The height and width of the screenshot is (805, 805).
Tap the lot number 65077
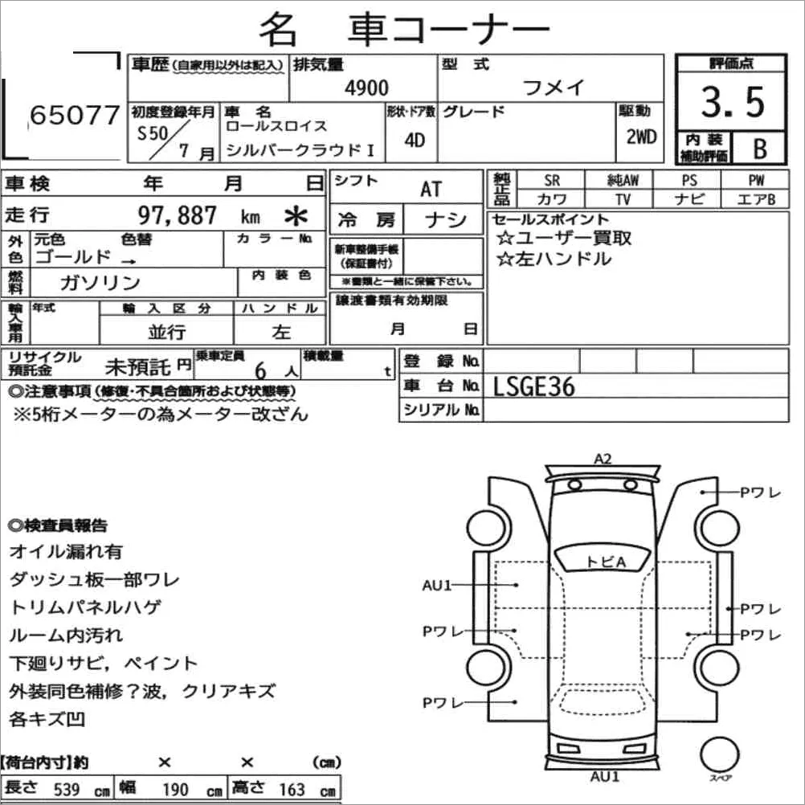tap(74, 116)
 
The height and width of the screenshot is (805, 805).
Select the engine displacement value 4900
tap(366, 88)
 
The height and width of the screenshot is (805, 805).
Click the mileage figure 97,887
tap(178, 215)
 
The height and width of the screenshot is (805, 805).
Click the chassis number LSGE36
tap(534, 386)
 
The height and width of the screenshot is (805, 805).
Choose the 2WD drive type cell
tap(641, 136)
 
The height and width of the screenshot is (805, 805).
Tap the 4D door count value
tap(415, 140)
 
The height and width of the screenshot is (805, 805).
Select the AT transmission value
tap(431, 189)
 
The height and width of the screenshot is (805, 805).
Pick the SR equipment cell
tap(552, 181)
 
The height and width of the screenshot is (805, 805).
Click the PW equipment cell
tap(756, 181)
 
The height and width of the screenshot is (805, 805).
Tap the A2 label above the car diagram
tap(603, 460)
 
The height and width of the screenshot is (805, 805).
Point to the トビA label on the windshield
tap(606, 562)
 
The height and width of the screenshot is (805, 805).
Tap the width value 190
tap(175, 788)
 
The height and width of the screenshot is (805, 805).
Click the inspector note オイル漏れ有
tap(66, 552)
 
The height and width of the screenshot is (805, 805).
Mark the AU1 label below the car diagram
tap(604, 776)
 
